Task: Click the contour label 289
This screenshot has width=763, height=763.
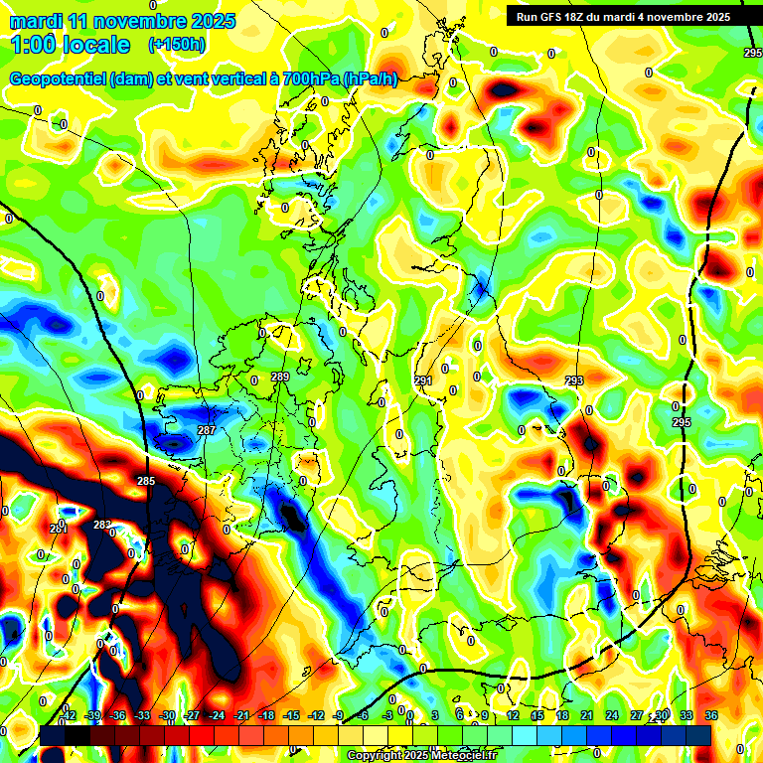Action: pyautogui.click(x=280, y=377)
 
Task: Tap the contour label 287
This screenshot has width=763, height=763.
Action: pyautogui.click(x=207, y=430)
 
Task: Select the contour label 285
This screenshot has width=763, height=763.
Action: pyautogui.click(x=146, y=482)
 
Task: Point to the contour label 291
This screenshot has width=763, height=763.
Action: pyautogui.click(x=423, y=381)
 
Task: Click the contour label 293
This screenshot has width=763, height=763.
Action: pyautogui.click(x=574, y=381)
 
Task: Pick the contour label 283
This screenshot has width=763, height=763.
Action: pyautogui.click(x=102, y=525)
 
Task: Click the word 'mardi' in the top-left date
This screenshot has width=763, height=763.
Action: pyautogui.click(x=38, y=21)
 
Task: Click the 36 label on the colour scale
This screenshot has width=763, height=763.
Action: pyautogui.click(x=711, y=715)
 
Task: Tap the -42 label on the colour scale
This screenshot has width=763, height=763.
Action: pyautogui.click(x=69, y=715)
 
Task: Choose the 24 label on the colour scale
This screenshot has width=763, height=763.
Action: pyautogui.click(x=612, y=715)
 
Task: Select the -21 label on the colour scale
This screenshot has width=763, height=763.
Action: pyautogui.click(x=241, y=715)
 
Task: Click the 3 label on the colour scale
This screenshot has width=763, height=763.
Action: pyautogui.click(x=435, y=715)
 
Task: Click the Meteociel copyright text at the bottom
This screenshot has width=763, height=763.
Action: pyautogui.click(x=421, y=755)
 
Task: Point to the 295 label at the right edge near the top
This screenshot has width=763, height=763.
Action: pyautogui.click(x=752, y=53)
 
